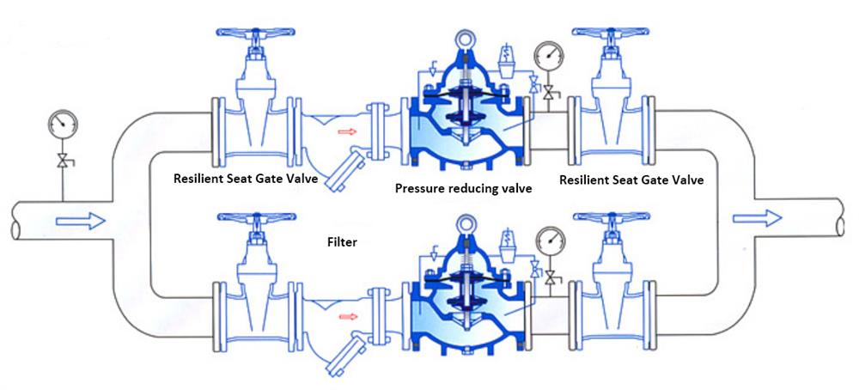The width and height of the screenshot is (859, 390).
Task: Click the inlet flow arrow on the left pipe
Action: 80,222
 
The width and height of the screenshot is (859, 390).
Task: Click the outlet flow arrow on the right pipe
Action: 757,216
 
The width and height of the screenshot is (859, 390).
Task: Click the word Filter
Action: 342,243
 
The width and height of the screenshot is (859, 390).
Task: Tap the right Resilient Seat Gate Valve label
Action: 631,180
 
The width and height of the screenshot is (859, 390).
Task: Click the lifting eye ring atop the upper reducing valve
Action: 467,40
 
